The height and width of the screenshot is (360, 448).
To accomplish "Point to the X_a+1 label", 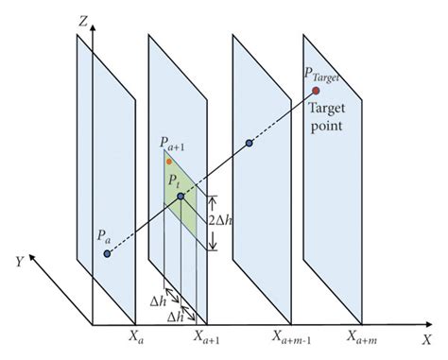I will pos(210,336).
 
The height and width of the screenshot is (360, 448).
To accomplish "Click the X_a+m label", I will pos(362,336).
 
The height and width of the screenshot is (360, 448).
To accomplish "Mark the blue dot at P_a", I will pos(107,253).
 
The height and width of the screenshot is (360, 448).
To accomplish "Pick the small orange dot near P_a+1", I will pos(169,162).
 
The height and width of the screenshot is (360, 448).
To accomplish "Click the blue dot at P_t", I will pos(181,197).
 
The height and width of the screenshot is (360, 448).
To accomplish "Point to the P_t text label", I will pos(173,180).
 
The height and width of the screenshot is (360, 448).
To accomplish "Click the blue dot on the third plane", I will pos(249,144).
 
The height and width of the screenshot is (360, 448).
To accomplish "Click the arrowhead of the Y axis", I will pos(33,256).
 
